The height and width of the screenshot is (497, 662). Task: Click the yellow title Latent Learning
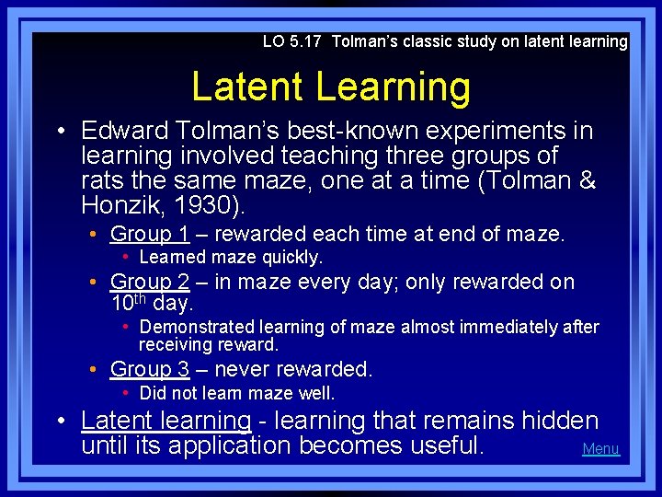pyautogui.click(x=331, y=87)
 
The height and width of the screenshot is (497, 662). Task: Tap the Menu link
pyautogui.click(x=600, y=449)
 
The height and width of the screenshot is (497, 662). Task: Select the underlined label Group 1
pyautogui.click(x=150, y=235)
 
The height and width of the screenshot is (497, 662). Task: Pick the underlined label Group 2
pyautogui.click(x=150, y=283)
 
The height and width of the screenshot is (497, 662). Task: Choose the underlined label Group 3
pyautogui.click(x=150, y=370)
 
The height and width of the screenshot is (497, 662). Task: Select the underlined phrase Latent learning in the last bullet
pyautogui.click(x=165, y=422)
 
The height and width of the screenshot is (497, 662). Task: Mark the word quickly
pyautogui.click(x=293, y=258)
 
